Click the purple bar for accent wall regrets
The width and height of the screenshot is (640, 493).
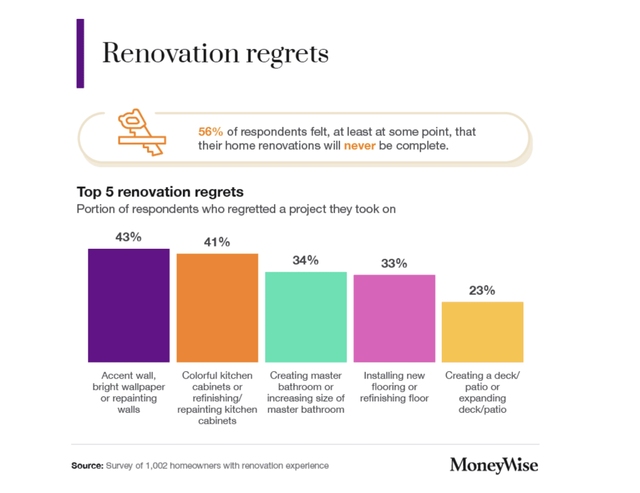pos(128,305)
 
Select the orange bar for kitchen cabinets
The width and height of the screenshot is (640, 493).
pos(217,308)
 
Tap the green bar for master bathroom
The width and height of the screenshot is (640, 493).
pos(305,317)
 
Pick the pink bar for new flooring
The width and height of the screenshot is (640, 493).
pos(394,318)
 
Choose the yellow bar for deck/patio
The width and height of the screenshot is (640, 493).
pos(482,332)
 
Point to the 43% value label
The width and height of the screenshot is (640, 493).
pos(128,237)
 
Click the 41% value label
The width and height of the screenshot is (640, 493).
pos(217,242)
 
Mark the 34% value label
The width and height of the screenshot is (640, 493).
pos(305,260)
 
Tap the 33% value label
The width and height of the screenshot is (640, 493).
pos(394,263)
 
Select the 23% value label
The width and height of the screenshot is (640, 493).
pos(482,290)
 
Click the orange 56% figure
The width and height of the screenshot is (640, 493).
pos(210,131)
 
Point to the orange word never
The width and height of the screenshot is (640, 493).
pos(359,146)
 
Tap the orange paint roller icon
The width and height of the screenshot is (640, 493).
pos(141,132)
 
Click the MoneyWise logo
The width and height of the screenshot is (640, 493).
pos(494,465)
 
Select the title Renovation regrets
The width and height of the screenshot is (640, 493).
pos(215,54)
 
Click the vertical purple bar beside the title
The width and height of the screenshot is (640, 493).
pos(80,53)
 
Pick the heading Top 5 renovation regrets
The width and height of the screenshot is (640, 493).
pos(160,192)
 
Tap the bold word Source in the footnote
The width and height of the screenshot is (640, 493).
pos(87,466)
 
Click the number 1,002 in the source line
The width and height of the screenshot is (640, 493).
pos(156,466)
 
